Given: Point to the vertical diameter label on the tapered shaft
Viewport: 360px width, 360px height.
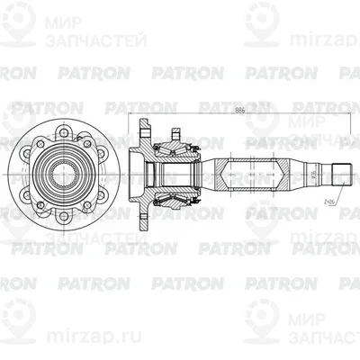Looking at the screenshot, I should coord(313,169).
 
